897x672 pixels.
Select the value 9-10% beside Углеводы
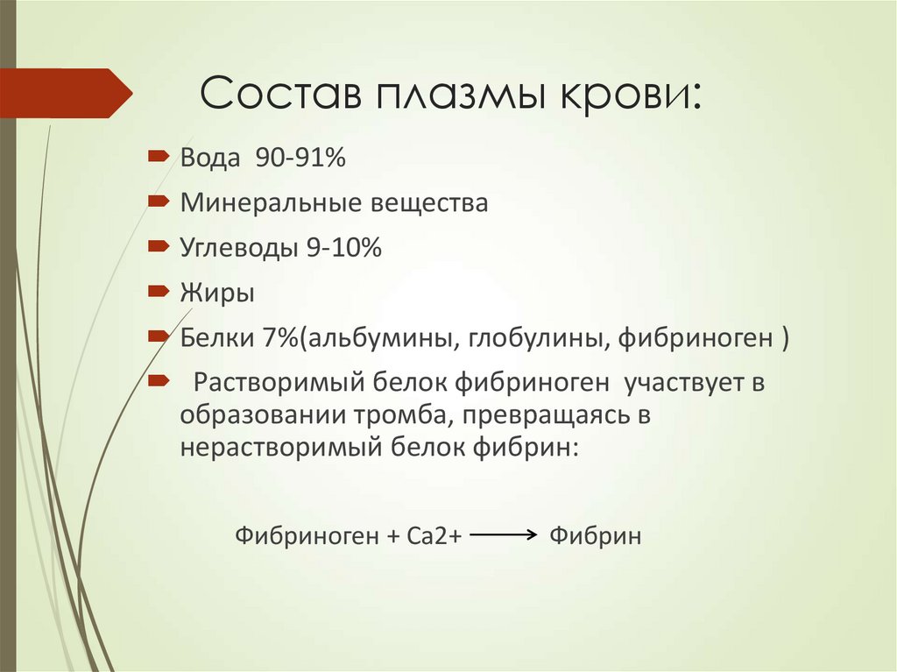pos(343,248)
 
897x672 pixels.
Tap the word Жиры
pos(217,293)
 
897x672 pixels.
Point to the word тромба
pos(406,414)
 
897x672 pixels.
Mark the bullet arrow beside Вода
pos(159,157)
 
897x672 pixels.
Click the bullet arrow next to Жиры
pos(159,290)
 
